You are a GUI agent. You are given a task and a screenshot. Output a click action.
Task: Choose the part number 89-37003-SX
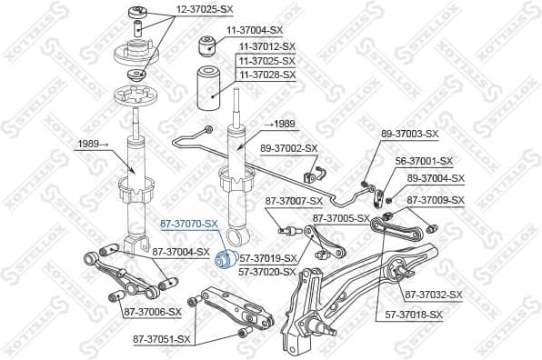click(x=409, y=134)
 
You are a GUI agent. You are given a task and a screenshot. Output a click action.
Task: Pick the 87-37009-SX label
click(x=435, y=200)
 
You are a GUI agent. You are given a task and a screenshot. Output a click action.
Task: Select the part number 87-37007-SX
click(x=294, y=200)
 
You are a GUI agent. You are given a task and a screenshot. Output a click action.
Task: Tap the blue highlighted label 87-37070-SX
click(x=189, y=224)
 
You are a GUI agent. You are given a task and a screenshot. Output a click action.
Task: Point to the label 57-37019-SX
click(x=267, y=258)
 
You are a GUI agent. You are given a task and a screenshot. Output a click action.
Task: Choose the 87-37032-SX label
click(x=434, y=295)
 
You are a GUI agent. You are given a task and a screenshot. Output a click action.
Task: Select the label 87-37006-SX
click(x=152, y=311)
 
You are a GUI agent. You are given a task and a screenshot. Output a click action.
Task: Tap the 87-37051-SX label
click(x=162, y=339)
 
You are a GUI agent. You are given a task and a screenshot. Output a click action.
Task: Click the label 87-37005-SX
click(x=341, y=218)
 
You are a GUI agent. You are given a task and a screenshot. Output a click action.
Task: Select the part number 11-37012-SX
click(x=266, y=45)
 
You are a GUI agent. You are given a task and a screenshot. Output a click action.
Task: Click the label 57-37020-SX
click(x=267, y=270)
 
